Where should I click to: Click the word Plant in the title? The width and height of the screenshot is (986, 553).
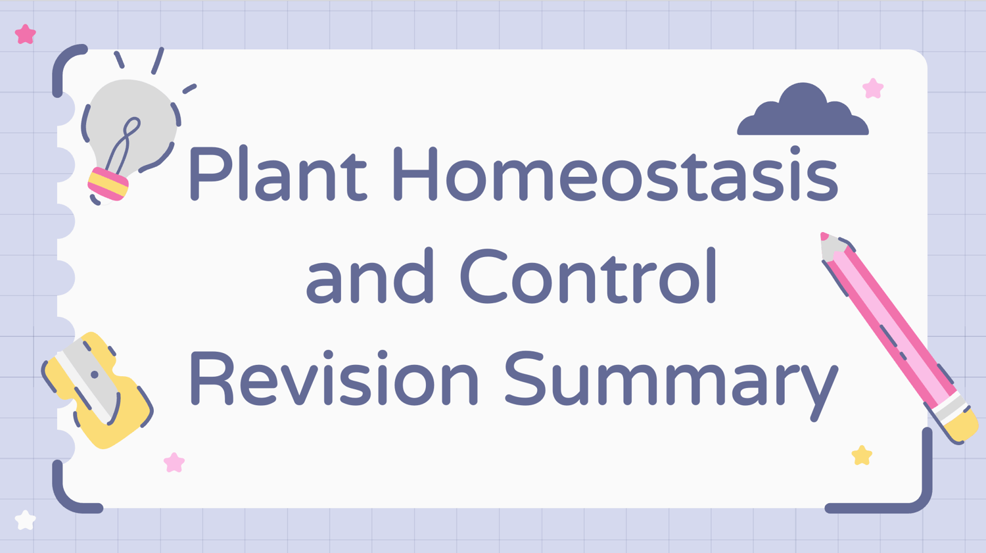[278, 174]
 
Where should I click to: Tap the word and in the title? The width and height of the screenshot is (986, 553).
[369, 276]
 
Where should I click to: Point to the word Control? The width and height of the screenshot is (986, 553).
[588, 276]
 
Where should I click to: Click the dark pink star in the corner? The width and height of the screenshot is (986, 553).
[26, 34]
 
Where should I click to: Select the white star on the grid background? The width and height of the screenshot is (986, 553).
[25, 520]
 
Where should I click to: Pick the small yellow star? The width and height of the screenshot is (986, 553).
[861, 455]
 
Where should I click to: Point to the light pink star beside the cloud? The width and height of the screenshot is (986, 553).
[873, 89]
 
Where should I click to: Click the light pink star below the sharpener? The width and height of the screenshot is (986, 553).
[174, 463]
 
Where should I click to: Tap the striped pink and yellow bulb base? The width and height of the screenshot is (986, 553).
[108, 184]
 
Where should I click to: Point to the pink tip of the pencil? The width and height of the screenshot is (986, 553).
[824, 236]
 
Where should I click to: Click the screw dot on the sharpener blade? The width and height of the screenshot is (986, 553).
[94, 375]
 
